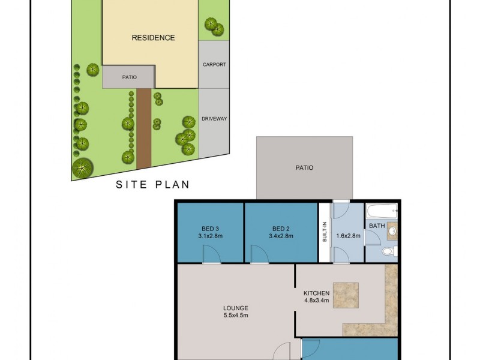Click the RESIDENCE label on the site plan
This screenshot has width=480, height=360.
pos(153,38)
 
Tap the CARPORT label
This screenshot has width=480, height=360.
pos(214,65)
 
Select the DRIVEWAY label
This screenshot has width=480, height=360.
pos(214,119)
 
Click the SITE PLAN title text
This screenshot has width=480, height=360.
pos(152,185)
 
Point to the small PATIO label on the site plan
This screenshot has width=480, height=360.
pos(129,77)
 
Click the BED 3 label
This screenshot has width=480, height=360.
pos(210,228)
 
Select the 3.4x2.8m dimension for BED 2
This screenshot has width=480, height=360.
pos(281,236)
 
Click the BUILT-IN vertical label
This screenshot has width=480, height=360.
pos(324,232)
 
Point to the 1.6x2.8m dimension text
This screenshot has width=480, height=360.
pos(348,236)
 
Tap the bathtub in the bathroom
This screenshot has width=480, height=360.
pos(381,211)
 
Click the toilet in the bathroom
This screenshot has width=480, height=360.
pos(388,251)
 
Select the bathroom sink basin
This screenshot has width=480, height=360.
pos(392,230)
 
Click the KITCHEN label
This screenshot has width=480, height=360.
pos(317,293)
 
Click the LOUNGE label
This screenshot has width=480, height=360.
pos(235,308)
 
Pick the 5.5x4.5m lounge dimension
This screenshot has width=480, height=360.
pos(235,316)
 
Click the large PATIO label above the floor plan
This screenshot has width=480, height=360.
pos(304,168)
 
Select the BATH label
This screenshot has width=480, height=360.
pos(377,226)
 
